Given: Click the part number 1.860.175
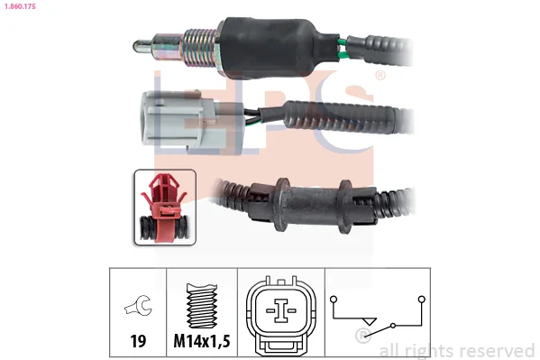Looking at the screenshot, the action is (20, 6).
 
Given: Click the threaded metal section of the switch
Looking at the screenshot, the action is (200, 48).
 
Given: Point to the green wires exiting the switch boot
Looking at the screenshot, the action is (343, 49).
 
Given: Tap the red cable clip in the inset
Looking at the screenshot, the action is (165, 207).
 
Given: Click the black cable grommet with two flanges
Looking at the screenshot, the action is (312, 206).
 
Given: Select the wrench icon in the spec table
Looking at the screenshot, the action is (138, 305).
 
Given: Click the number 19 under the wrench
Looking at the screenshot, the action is (138, 341).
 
